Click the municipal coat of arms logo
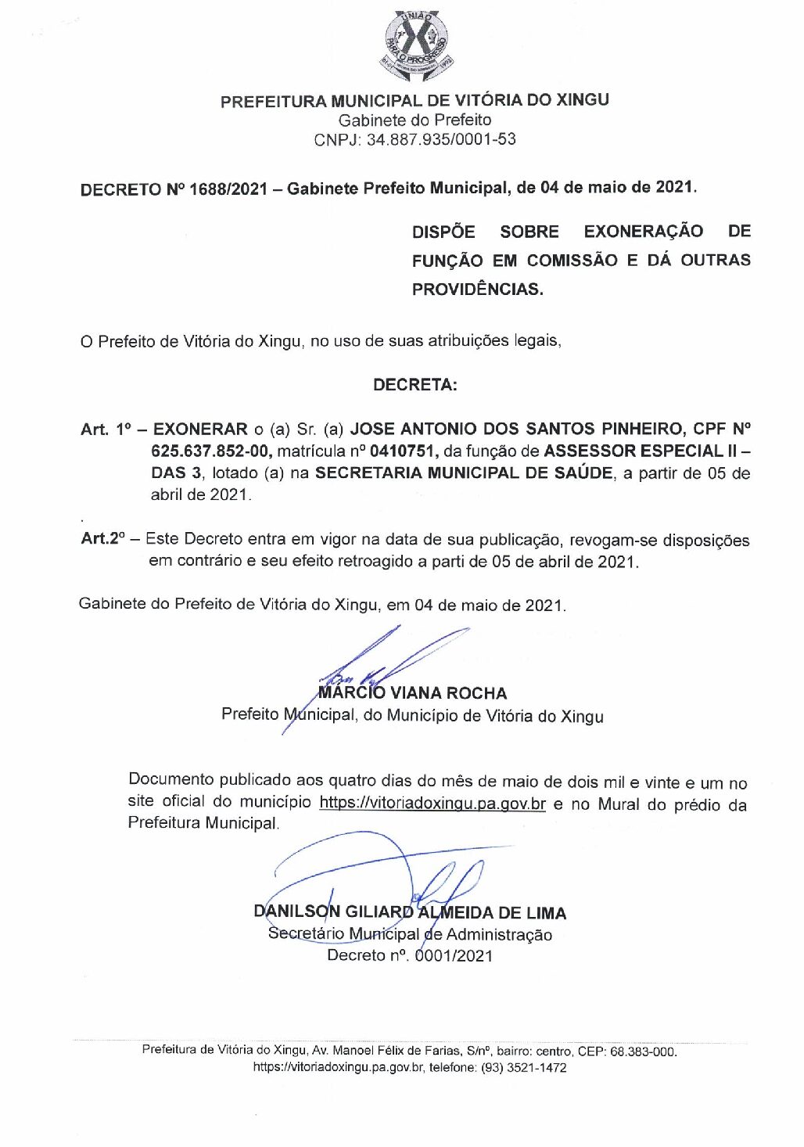415,46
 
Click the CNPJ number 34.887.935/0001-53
441,139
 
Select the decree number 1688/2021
228,189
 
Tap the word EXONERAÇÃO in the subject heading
643,232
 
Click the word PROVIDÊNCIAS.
477,289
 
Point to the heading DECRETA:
415,385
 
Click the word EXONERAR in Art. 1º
200,429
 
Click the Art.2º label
102,539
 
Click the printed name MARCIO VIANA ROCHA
413,693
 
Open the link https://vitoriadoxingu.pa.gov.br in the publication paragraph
433,804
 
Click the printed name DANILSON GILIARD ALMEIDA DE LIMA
410,912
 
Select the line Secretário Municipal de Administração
410,934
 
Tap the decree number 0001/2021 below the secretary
454,955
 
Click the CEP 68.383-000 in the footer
643,1052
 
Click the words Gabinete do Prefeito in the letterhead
415,120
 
